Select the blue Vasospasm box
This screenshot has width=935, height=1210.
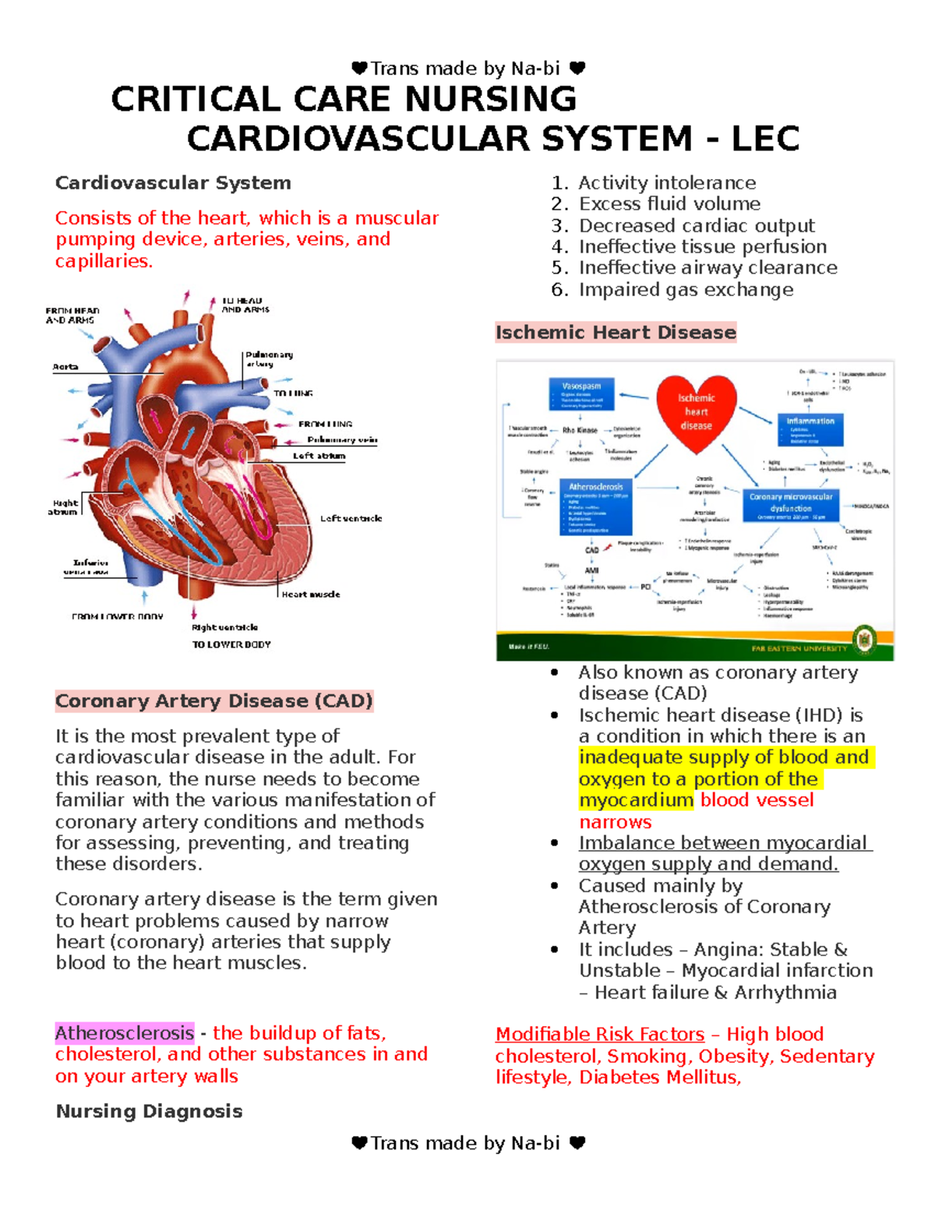click(581, 394)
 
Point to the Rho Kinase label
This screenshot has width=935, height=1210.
click(580, 430)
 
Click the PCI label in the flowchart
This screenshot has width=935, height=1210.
click(645, 587)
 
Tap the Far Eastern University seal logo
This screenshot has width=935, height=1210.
click(864, 640)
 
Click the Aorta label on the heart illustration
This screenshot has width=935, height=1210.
click(65, 367)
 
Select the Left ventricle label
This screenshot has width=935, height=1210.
click(351, 518)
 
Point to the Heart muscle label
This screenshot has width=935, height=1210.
click(310, 594)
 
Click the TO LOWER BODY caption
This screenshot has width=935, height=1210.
click(231, 644)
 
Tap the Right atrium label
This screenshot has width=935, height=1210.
click(63, 507)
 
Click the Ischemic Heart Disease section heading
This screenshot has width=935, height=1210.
click(616, 333)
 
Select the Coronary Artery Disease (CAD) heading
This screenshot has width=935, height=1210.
click(214, 701)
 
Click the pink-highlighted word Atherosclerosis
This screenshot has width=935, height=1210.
click(125, 1033)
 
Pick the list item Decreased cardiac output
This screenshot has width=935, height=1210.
click(696, 226)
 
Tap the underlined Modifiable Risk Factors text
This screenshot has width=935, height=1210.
click(600, 1035)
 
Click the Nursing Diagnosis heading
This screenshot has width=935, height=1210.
click(149, 1111)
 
